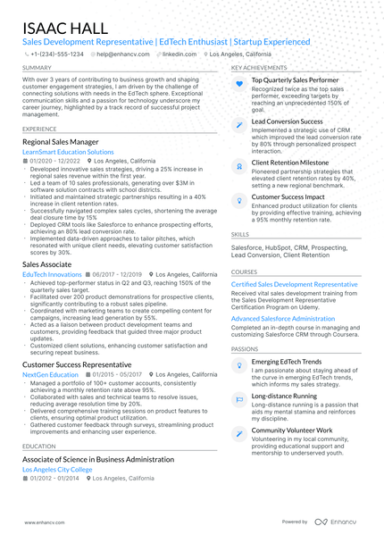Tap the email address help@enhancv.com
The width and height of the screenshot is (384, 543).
pos(121,54)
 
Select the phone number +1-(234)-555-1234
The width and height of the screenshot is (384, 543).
pos(57,54)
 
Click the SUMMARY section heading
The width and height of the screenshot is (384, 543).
pos(37,67)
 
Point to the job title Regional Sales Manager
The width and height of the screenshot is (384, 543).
pos(60,142)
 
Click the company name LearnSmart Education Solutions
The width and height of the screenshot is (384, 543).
pos(68,153)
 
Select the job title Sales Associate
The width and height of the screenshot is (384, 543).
pos(47,265)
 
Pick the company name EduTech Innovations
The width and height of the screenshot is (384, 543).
pos(52,275)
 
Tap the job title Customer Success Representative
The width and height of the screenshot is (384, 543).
pos(78,365)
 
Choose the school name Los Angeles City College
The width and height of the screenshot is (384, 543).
pos(57,469)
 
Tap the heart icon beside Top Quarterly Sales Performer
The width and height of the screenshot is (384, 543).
pos(239,82)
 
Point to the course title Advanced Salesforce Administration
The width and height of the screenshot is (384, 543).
pos(283,318)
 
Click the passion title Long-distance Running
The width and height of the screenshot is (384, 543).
pos(284,395)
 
